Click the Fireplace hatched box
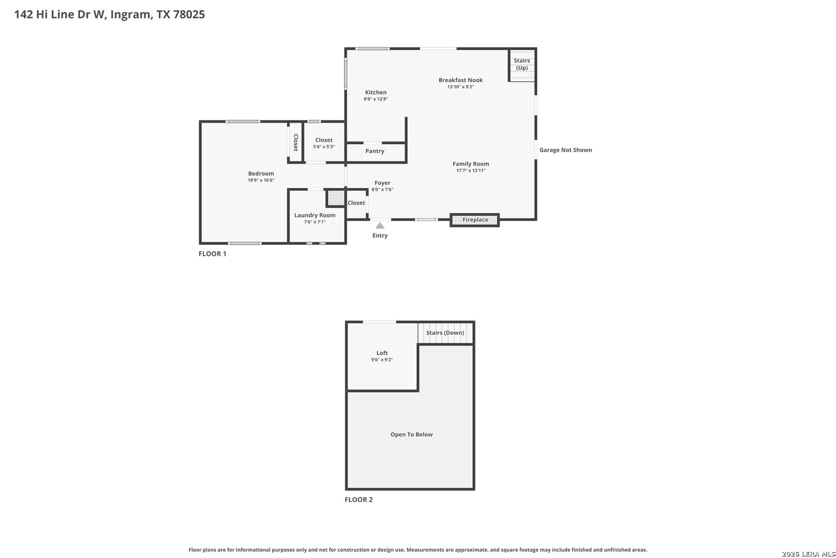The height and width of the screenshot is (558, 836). pyautogui.click(x=475, y=220)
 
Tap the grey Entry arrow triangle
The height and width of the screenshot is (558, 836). pyautogui.click(x=380, y=225)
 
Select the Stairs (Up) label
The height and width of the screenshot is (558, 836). pyautogui.click(x=522, y=64)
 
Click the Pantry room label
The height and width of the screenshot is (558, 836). pyautogui.click(x=375, y=151)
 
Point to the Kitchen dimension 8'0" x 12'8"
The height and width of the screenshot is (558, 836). pyautogui.click(x=376, y=99)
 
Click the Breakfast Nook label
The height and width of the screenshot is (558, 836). pyautogui.click(x=460, y=80)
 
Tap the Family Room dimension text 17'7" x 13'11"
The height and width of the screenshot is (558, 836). pyautogui.click(x=471, y=171)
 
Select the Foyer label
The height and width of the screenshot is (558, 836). pyautogui.click(x=382, y=183)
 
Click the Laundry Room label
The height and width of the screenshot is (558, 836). pyautogui.click(x=315, y=215)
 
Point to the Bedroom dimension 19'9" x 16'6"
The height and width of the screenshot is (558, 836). pyautogui.click(x=261, y=180)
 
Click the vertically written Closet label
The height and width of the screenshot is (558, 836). pyautogui.click(x=296, y=143)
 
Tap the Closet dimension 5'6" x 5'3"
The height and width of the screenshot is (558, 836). pyautogui.click(x=324, y=147)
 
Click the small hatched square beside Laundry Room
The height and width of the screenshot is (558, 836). pyautogui.click(x=336, y=198)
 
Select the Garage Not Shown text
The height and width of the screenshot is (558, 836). pyautogui.click(x=566, y=150)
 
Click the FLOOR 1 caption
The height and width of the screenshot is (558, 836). pyautogui.click(x=213, y=254)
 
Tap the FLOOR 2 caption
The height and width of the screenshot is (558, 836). pyautogui.click(x=359, y=500)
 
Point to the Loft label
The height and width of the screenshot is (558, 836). pyautogui.click(x=382, y=353)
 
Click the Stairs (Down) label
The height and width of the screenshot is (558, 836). pyautogui.click(x=445, y=333)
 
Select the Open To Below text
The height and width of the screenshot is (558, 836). pyautogui.click(x=411, y=435)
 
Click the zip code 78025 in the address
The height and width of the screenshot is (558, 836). pyautogui.click(x=189, y=14)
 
